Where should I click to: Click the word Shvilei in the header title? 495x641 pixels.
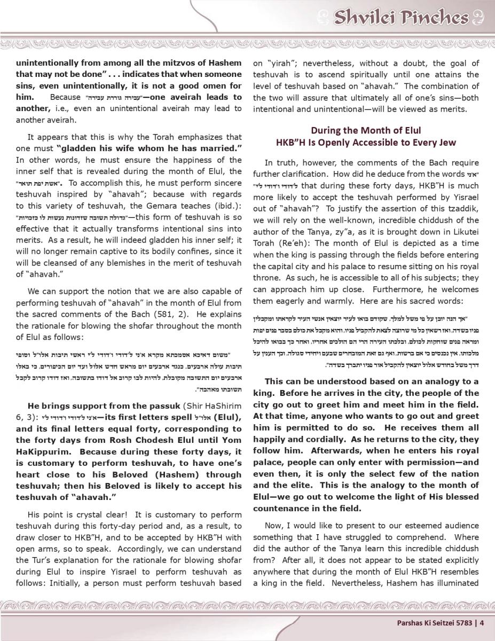pyautogui.click(x=365, y=18)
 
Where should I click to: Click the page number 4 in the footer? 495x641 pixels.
pyautogui.click(x=482, y=622)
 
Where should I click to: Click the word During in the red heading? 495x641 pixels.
pyautogui.click(x=326, y=130)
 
